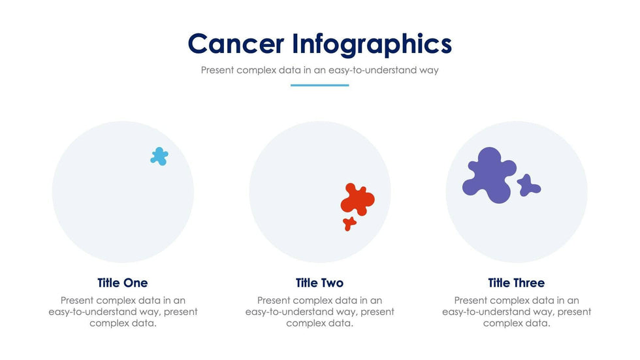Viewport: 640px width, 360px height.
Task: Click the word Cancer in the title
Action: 236,44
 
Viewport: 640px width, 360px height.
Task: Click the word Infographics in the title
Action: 372,44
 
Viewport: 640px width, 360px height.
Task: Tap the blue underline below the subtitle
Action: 319,85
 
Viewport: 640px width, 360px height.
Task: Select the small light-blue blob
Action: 159,156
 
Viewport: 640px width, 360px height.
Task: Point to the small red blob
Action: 349,223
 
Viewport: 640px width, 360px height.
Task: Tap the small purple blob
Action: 528,186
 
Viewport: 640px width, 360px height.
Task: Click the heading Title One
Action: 123,283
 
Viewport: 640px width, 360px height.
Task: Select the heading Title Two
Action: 319,283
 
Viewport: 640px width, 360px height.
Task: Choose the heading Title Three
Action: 516,283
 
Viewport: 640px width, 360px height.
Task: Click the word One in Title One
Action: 135,283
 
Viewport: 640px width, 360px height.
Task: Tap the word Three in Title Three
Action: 528,283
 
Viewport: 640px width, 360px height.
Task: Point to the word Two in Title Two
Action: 332,283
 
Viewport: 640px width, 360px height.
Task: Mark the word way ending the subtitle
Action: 428,70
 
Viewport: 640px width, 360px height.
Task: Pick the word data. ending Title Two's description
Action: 341,323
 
